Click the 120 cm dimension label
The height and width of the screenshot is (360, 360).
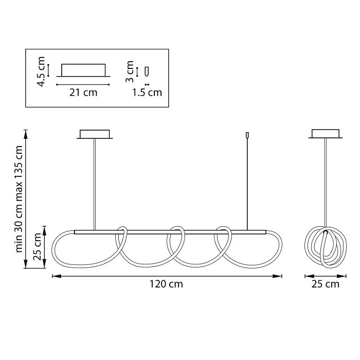166,284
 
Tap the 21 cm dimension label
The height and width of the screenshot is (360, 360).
83,93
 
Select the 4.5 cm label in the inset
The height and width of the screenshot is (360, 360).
41,71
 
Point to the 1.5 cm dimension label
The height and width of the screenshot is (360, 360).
147,93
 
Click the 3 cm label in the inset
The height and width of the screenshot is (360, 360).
130,71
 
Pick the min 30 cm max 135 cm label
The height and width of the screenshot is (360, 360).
19,199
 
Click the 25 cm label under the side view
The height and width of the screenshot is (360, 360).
326,284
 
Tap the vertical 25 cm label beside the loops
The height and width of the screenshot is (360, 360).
37,247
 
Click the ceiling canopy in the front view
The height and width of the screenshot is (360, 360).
95,134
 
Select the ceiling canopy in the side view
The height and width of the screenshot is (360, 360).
326,134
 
